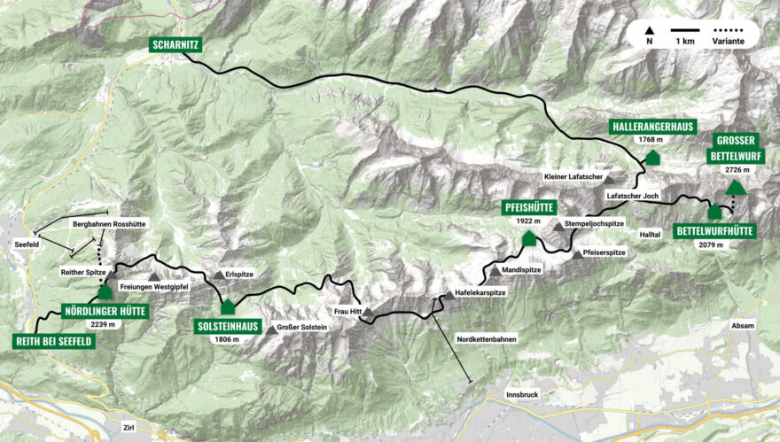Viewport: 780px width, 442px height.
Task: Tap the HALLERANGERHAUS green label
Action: [x=651, y=127]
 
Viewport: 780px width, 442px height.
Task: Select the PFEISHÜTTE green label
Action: [x=529, y=207]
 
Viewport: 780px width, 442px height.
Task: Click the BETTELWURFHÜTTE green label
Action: [x=714, y=231]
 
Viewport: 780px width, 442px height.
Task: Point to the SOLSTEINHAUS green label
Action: [x=227, y=326]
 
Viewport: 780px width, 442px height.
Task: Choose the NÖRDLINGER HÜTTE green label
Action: [x=105, y=311]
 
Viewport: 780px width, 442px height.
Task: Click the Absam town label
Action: [x=743, y=325]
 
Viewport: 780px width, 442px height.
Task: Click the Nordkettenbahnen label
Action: [x=486, y=339]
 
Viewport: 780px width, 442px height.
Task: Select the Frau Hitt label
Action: [x=348, y=313]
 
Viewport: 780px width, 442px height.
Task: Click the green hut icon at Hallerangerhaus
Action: [x=653, y=158]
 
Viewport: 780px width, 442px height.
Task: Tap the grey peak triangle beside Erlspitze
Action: [x=218, y=275]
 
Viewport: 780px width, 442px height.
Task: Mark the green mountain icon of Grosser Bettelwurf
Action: [x=735, y=187]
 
